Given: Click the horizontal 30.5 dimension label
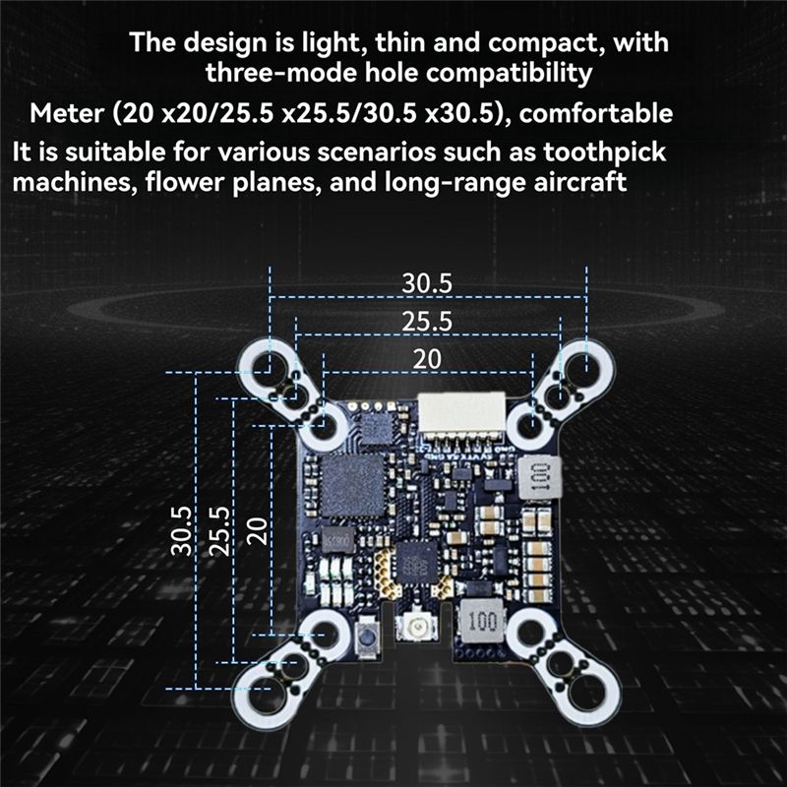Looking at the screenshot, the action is click(x=427, y=283).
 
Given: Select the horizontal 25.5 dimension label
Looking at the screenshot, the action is click(x=427, y=322).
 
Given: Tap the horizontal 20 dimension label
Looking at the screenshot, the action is click(x=427, y=359).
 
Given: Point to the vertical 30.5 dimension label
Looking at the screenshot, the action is click(x=182, y=530).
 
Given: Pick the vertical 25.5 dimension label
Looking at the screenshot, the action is click(x=219, y=530).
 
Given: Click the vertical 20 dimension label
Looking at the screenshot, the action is click(x=257, y=531).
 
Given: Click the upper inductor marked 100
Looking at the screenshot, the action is click(x=538, y=477).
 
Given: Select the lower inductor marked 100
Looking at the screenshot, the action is click(x=481, y=621).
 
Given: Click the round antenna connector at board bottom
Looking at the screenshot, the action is click(x=416, y=627).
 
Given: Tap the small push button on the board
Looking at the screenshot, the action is click(x=367, y=636).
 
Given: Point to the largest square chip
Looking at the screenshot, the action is click(x=352, y=485).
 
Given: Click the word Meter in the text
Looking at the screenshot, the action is click(x=66, y=113).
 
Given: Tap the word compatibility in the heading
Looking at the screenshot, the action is click(x=510, y=74).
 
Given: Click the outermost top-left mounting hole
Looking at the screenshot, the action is click(x=269, y=366).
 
